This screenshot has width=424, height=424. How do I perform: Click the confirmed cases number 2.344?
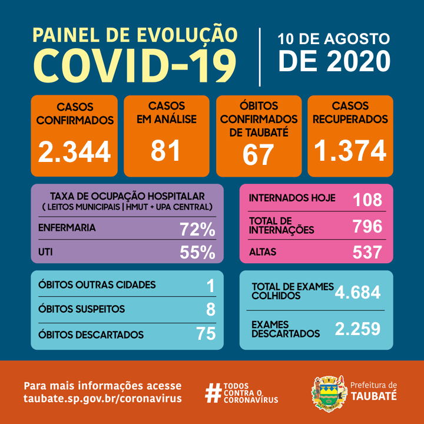pos(74,151)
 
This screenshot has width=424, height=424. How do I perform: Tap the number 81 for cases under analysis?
pos(166,150)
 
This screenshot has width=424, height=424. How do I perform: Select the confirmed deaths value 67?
pos(259,154)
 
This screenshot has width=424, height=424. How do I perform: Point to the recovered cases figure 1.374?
pos(350,150)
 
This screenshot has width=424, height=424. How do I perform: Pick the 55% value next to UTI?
pos(197,252)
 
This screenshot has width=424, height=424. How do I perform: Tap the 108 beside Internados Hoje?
pos(367,200)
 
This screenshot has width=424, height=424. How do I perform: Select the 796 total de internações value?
pos(367,226)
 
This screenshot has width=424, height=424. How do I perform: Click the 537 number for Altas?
pos(367,252)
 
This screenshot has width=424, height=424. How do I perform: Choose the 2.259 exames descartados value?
pos(357,329)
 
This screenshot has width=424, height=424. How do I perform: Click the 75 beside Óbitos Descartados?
pos(206,334)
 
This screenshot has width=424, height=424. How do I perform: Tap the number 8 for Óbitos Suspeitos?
pos(211,309)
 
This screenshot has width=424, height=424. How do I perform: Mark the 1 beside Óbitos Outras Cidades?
pos(211,285)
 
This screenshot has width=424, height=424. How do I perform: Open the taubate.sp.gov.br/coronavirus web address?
pos(102,399)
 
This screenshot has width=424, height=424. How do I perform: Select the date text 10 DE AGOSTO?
pos(333,39)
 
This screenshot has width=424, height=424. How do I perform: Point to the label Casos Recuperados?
pos(350,112)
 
